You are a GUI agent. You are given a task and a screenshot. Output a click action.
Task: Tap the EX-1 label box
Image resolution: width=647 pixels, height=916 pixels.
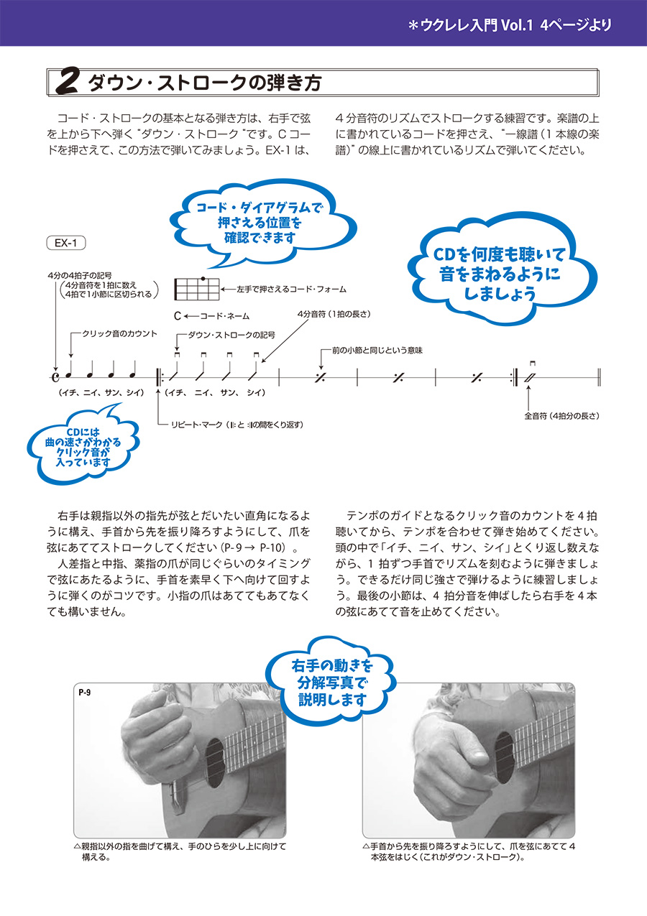pos(66,243)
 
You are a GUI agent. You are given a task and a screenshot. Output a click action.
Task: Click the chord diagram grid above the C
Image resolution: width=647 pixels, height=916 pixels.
pos(196,289)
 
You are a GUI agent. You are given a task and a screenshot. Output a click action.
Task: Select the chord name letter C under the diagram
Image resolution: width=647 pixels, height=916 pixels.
pos(177,315)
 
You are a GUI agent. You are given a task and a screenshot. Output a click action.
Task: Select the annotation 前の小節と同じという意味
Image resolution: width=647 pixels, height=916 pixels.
pos(377,350)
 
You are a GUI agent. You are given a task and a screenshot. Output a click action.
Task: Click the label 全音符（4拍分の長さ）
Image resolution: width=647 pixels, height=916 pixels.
pos(561,415)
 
